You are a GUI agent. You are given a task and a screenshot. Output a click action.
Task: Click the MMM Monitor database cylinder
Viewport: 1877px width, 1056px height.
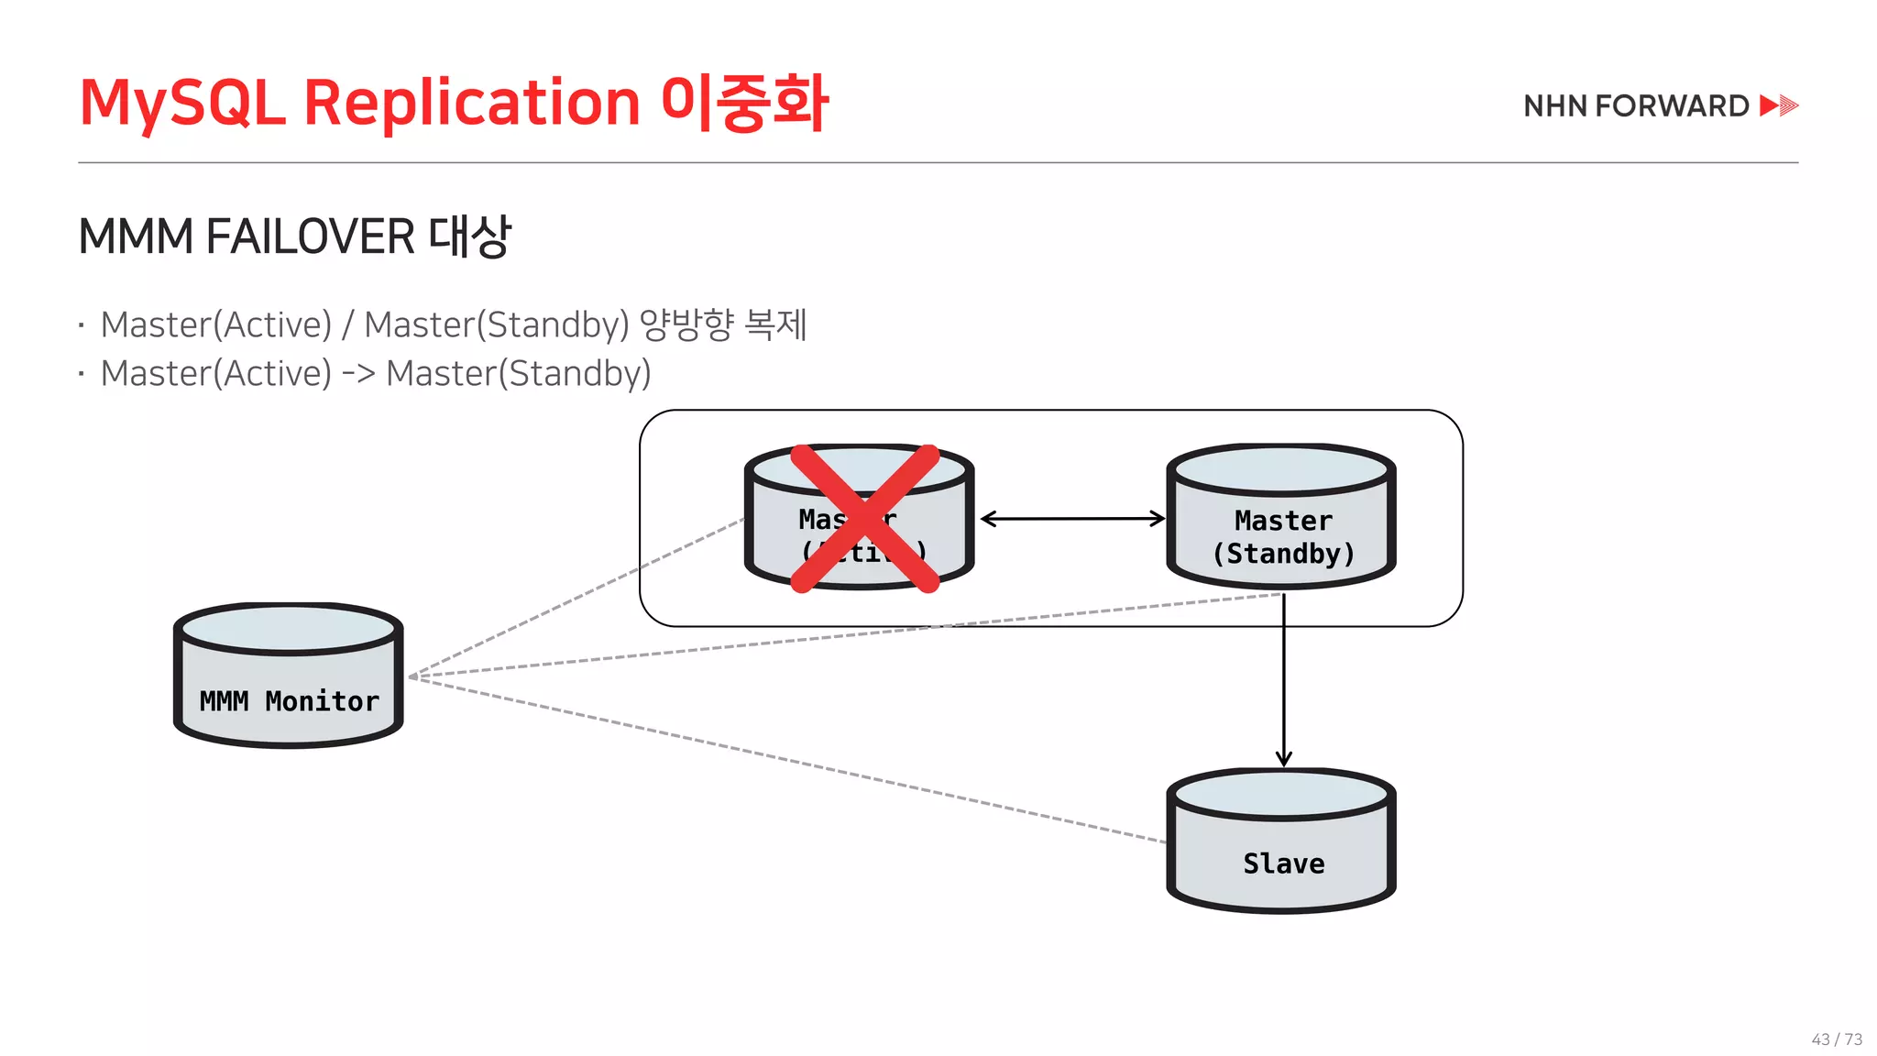288,675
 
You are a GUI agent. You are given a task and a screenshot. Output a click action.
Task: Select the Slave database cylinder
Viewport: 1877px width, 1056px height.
1281,841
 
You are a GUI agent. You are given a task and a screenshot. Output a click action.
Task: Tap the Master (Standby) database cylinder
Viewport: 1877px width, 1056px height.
1281,516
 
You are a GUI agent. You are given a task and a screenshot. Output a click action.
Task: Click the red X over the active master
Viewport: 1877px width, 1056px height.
864,519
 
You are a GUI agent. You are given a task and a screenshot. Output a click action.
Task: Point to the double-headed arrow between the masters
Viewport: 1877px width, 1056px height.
1071,519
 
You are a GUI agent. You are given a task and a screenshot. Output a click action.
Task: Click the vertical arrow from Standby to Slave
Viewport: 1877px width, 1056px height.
1284,678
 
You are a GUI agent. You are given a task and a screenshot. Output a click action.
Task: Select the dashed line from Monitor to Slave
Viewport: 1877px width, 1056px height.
788,760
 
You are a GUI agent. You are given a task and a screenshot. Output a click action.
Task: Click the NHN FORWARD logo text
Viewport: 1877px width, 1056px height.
1636,106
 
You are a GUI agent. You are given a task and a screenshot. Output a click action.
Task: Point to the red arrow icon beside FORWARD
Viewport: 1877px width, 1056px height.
1779,105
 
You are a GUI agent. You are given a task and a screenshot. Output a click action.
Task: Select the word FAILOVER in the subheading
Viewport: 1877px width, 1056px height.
310,236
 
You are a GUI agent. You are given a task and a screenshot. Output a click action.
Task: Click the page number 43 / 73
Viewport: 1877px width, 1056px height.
1837,1039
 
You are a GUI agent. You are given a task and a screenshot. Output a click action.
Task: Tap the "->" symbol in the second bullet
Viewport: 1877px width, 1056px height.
358,373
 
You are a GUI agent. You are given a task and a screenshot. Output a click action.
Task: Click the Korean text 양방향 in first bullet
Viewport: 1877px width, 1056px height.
686,324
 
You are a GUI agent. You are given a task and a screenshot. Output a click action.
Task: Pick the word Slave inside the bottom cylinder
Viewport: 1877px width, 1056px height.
1283,863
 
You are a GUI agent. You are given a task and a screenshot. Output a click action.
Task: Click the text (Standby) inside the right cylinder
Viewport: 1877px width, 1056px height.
1283,554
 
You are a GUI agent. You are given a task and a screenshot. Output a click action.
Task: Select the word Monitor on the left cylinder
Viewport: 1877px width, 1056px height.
322,701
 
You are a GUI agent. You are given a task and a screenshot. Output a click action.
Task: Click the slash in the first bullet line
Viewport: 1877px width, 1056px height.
347,324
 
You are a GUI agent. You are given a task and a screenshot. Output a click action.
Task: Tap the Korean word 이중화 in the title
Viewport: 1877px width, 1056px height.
744,102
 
